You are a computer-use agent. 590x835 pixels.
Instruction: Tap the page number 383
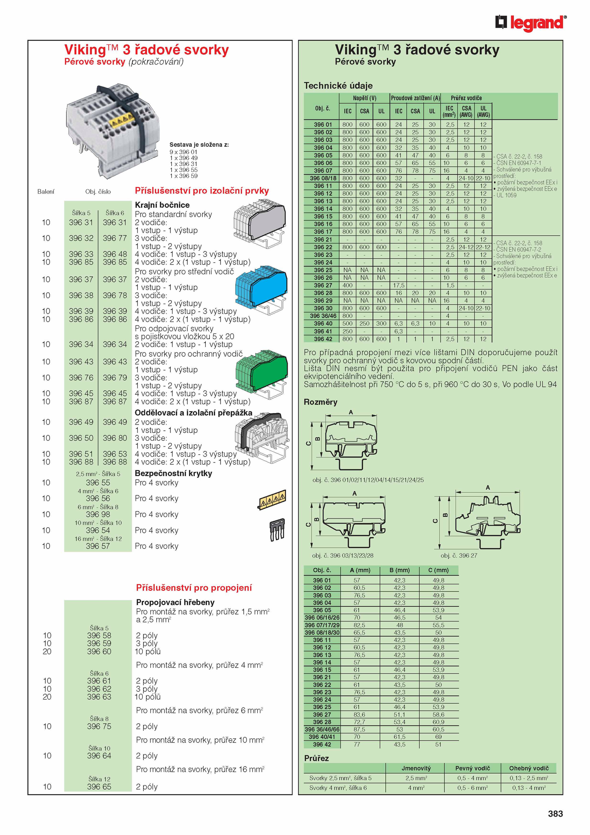(555, 814)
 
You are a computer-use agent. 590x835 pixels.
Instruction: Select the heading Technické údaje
(338, 86)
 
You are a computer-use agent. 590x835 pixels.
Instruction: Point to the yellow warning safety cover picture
(272, 500)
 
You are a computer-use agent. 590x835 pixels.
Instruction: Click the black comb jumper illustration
(277, 529)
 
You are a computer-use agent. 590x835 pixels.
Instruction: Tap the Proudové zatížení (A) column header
(415, 98)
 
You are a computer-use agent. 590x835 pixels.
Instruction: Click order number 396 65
(99, 787)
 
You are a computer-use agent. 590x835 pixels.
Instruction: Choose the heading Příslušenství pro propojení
(194, 588)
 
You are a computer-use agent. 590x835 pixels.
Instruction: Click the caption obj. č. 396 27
(458, 556)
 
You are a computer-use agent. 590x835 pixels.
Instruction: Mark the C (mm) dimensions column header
(438, 570)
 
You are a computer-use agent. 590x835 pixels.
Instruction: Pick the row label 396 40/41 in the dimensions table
(322, 737)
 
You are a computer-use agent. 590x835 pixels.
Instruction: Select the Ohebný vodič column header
(528, 768)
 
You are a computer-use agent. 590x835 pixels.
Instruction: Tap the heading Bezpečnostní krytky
(173, 473)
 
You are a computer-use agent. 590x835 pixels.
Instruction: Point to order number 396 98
(98, 514)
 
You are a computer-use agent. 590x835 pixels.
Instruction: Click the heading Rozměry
(320, 402)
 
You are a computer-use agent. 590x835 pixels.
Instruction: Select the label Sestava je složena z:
(199, 145)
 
